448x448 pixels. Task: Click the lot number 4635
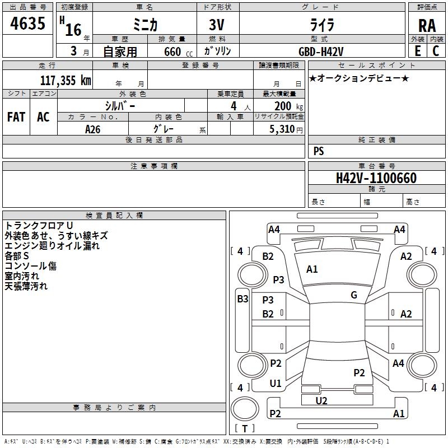coord(27,23)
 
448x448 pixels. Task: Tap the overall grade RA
coord(427,26)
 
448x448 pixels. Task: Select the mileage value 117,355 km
coord(66,81)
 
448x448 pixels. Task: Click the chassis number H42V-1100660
coord(376,178)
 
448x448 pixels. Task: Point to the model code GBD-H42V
coord(321,52)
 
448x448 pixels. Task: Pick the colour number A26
coord(93,129)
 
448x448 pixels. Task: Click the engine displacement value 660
coord(172,52)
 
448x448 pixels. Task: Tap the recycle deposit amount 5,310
coord(282,129)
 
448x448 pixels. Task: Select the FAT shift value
coord(16,117)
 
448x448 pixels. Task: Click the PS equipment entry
coord(319,151)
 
